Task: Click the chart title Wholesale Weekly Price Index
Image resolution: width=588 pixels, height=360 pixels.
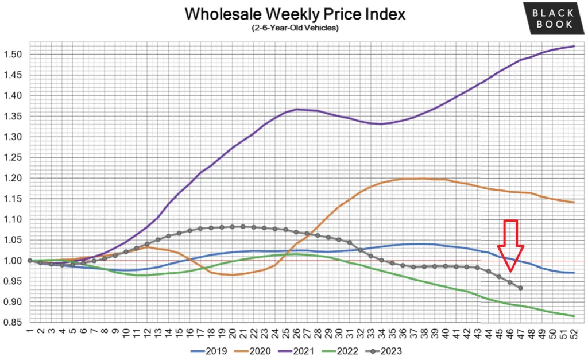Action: click(294, 14)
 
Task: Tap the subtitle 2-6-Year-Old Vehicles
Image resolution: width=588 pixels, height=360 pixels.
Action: click(294, 28)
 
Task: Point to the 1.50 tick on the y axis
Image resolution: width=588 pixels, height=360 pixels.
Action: click(15, 55)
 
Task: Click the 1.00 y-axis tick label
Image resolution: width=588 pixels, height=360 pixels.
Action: click(15, 261)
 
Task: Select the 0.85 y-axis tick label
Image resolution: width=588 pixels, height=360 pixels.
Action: click(15, 322)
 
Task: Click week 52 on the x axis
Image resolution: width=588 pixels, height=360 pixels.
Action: click(574, 332)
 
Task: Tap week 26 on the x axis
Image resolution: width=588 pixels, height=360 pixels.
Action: click(296, 332)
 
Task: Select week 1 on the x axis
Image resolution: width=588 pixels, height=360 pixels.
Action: click(29, 332)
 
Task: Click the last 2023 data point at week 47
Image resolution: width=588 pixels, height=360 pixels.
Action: click(520, 288)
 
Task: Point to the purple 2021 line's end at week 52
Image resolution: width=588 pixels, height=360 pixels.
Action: click(574, 47)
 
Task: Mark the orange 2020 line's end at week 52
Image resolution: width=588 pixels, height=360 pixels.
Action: click(574, 202)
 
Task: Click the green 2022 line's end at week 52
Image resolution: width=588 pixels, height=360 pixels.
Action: click(574, 316)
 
